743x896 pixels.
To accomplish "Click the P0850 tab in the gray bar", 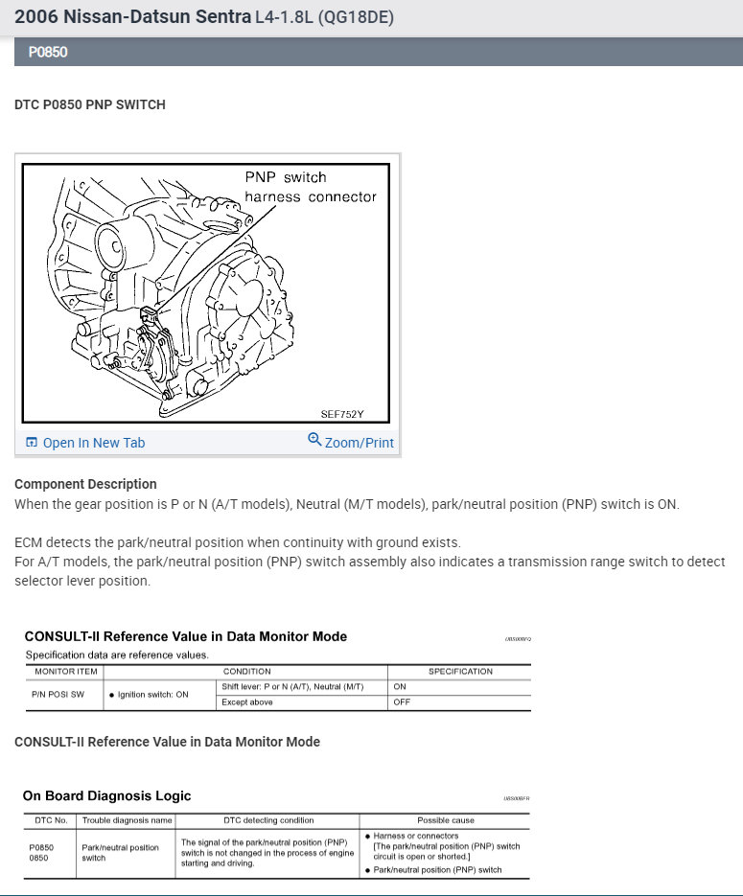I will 48,52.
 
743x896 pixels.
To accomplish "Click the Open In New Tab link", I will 93,443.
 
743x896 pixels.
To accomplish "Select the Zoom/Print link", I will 359,443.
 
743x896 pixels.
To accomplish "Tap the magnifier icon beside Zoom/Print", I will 314,440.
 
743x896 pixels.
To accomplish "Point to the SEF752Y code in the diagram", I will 341,415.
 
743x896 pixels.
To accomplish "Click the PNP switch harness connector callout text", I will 310,187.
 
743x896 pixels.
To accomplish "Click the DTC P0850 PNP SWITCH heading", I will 90,104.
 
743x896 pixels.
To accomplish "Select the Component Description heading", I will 85,484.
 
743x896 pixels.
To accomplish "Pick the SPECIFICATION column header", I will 460,672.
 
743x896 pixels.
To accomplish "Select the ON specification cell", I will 400,686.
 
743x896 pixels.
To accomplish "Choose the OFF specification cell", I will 402,702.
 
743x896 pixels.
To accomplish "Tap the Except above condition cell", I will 247,702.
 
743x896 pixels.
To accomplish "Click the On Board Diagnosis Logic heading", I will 106,795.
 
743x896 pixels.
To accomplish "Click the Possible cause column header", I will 445,820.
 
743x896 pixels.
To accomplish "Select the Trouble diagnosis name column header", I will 127,820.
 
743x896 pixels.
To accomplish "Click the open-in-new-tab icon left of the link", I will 32,443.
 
